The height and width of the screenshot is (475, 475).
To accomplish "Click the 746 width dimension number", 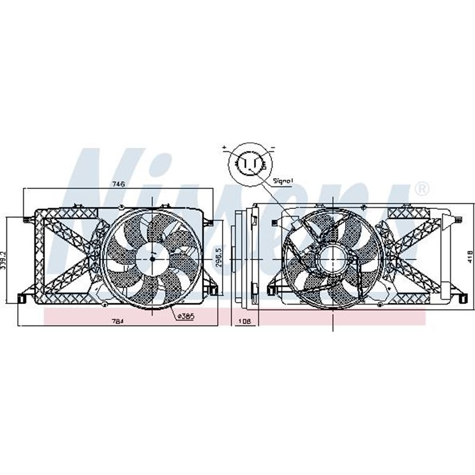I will click(x=119, y=185).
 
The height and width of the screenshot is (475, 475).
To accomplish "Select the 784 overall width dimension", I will click(x=118, y=321).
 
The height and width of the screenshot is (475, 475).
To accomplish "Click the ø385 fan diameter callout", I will click(x=185, y=316).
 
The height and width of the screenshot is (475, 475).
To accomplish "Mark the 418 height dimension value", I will click(x=469, y=256).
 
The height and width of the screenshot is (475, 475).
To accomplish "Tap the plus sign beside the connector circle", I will click(x=225, y=146).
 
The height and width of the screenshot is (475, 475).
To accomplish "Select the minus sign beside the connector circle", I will click(x=272, y=146).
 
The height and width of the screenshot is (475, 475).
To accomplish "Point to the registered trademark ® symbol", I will click(x=420, y=189).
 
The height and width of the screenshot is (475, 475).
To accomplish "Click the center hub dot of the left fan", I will click(x=152, y=257).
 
